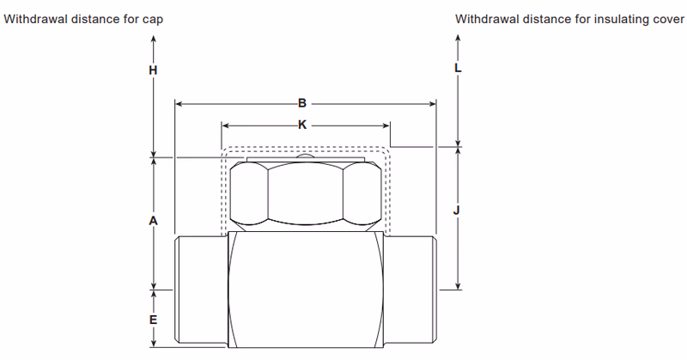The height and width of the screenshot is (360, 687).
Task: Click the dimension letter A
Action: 153,221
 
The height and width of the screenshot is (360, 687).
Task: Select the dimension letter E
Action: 153,320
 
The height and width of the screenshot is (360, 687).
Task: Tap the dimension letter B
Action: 302,103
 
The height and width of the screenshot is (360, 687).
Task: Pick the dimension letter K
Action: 302,125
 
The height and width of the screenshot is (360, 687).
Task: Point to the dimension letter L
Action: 458,67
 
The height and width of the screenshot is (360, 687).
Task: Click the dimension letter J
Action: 458,210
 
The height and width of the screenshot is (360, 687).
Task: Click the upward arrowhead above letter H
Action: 153,38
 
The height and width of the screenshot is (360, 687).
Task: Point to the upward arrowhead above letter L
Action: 458,38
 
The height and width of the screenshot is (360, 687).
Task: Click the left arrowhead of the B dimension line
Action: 178,103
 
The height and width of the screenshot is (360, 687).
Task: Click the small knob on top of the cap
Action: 306,156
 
